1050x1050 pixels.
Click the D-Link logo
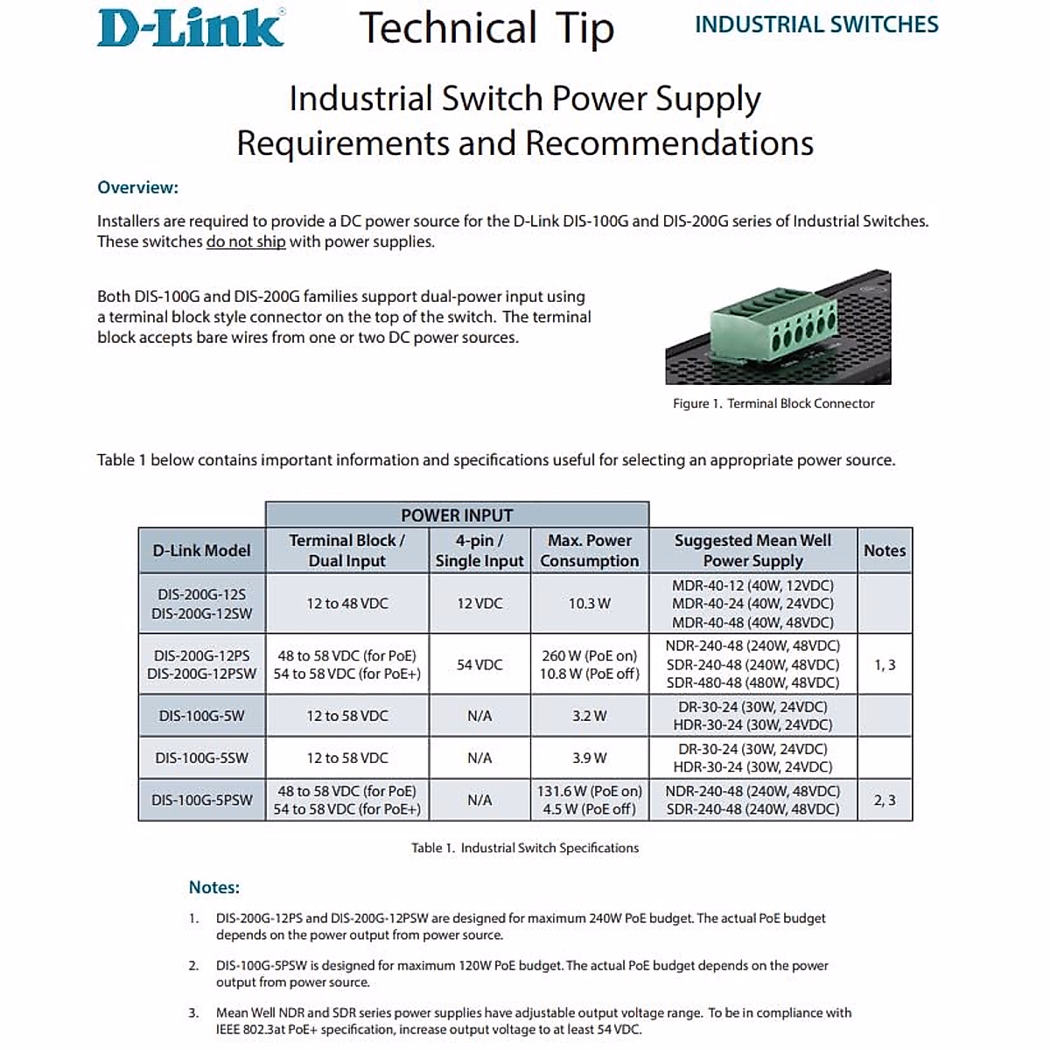point(191,27)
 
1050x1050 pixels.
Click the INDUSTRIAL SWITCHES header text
point(816,24)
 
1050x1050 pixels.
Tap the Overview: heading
point(138,187)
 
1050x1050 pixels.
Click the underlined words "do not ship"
point(246,241)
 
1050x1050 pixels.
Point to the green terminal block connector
point(773,327)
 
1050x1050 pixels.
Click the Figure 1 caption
point(773,403)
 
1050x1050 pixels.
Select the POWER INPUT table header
point(457,514)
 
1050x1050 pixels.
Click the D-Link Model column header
point(201,550)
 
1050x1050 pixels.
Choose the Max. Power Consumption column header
point(589,550)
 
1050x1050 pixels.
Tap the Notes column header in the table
point(885,550)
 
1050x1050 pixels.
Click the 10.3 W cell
point(589,603)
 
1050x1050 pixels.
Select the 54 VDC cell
point(479,664)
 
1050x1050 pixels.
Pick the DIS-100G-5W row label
point(201,716)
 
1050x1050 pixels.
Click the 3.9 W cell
point(589,758)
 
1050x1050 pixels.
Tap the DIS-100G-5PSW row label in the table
point(201,800)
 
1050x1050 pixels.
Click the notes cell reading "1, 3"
point(885,664)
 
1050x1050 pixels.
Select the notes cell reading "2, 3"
point(885,800)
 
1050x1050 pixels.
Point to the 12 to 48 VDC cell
point(347,603)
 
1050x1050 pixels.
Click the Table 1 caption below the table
point(525,848)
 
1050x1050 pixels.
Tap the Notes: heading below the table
point(214,887)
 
